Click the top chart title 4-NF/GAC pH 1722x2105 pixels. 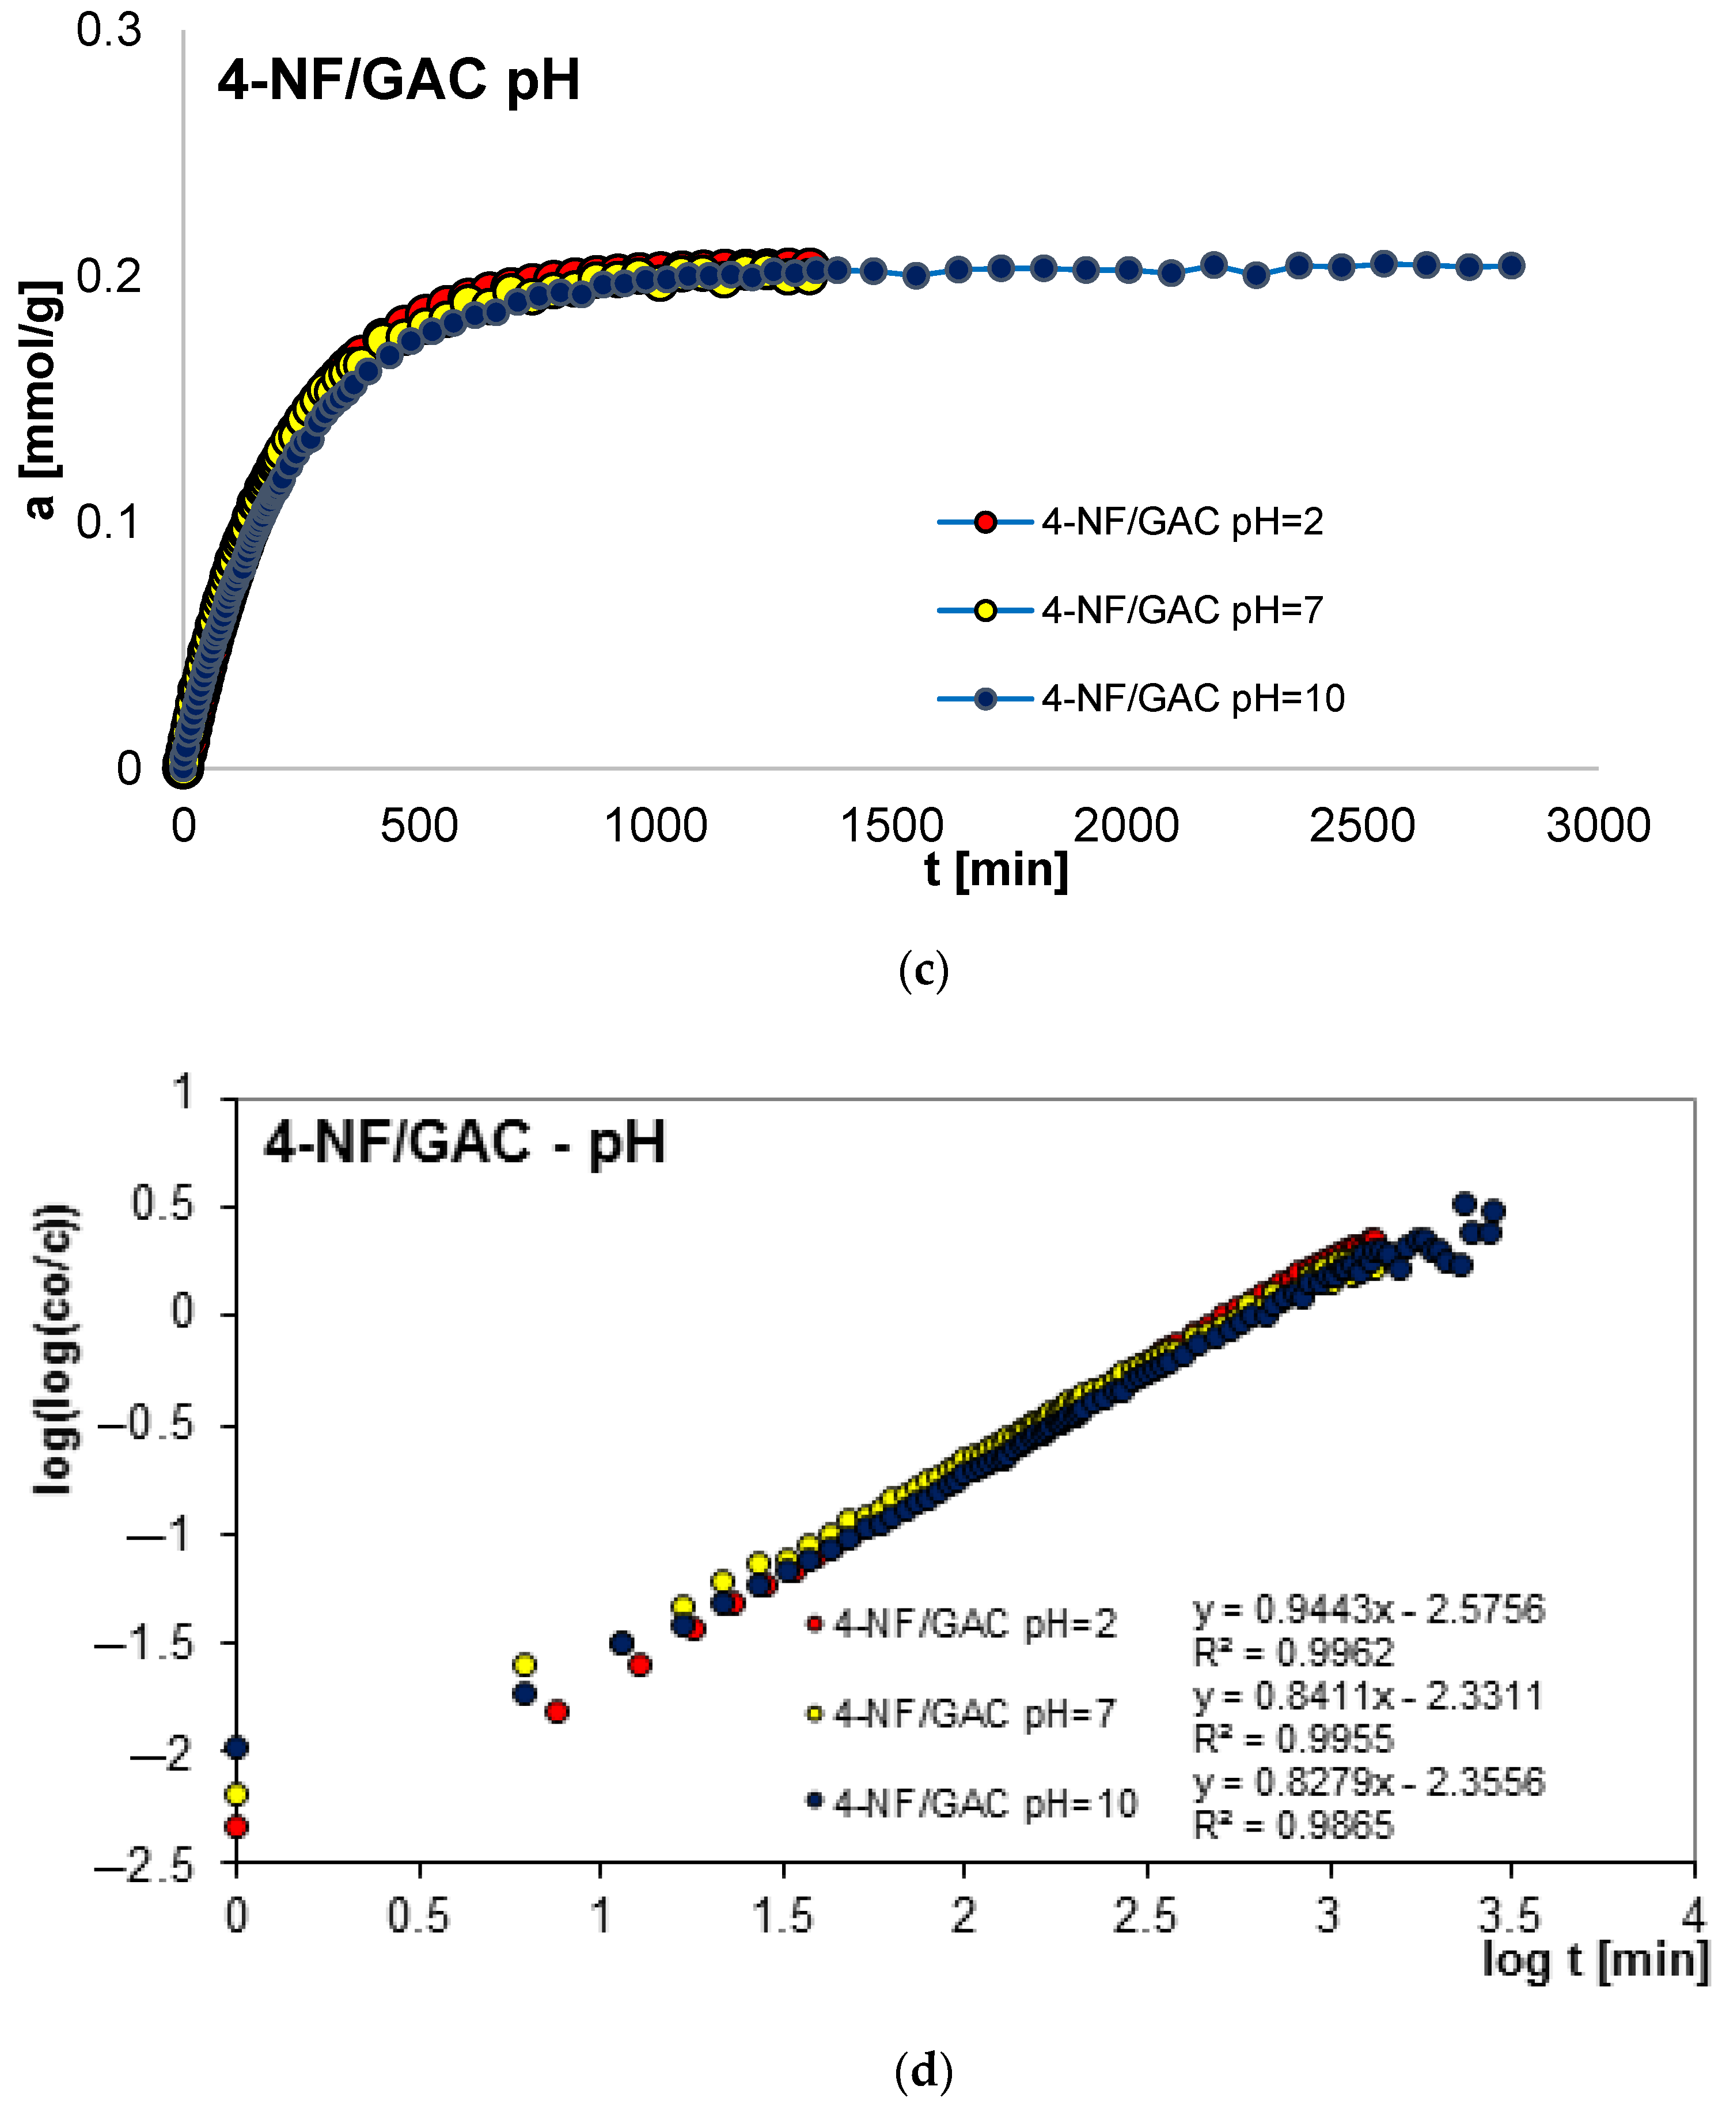(x=398, y=81)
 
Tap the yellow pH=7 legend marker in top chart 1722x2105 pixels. (x=985, y=610)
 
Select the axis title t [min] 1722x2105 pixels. (x=996, y=870)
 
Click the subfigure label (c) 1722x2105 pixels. (x=923, y=970)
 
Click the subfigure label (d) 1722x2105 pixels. (x=923, y=2070)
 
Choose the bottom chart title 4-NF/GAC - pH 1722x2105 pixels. (x=464, y=1142)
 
